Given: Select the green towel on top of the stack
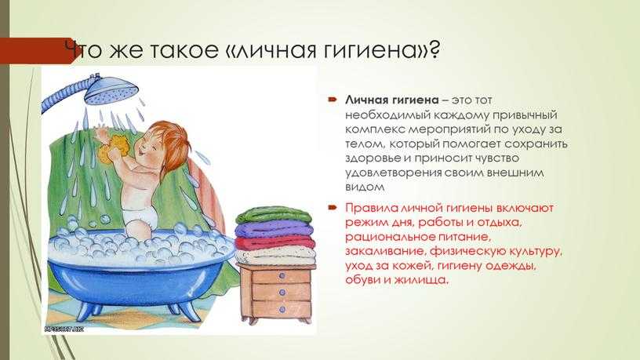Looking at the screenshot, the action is coord(274,215).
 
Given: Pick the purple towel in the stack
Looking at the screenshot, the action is coord(274,231).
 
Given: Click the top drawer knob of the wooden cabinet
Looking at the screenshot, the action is coord(282,276).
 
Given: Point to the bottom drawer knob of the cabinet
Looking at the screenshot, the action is coord(282,310).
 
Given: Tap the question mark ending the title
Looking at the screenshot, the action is coord(434,49).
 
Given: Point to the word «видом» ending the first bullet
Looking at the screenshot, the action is coord(365,187).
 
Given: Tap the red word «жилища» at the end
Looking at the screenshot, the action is coord(425,281).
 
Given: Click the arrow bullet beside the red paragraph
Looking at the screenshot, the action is coord(333,208).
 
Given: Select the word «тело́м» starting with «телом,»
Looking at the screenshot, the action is coord(365,144).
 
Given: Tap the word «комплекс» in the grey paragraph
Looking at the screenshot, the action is coord(375,129).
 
